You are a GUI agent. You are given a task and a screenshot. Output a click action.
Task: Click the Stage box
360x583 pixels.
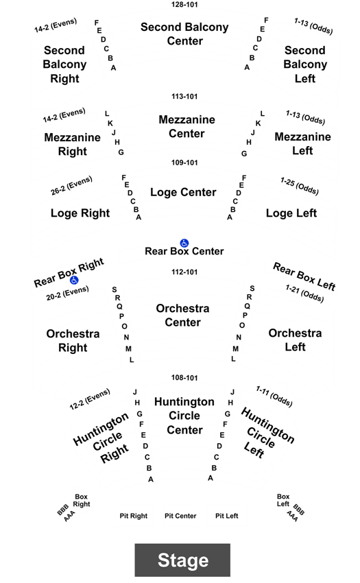(182, 560)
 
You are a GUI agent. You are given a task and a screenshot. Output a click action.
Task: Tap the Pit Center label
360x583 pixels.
(180, 516)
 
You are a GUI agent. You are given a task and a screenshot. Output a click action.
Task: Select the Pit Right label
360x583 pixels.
(134, 516)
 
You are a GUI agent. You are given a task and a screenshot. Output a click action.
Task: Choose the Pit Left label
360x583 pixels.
(226, 516)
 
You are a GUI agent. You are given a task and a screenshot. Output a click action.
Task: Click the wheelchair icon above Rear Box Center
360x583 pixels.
(184, 243)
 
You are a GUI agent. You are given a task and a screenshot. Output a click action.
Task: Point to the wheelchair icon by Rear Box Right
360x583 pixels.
(74, 280)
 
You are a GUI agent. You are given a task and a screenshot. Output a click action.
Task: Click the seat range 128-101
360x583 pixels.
(184, 5)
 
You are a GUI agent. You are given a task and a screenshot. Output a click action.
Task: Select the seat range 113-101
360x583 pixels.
(184, 96)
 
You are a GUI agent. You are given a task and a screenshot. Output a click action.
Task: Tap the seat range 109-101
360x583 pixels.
(184, 163)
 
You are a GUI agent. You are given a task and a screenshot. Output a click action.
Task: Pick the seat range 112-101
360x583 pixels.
(184, 272)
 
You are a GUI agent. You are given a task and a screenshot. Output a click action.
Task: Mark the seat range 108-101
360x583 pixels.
(184, 378)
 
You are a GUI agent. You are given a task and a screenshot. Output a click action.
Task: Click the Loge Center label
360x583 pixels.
(183, 192)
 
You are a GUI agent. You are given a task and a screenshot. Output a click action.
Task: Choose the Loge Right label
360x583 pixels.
(80, 213)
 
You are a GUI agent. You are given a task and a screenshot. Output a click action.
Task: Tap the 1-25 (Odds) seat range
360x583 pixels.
(300, 186)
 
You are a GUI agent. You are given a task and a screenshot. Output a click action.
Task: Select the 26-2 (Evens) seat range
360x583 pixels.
(71, 186)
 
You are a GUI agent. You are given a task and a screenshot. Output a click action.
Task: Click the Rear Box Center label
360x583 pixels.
(184, 251)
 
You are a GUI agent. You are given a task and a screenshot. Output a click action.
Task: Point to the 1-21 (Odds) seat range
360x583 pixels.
(304, 294)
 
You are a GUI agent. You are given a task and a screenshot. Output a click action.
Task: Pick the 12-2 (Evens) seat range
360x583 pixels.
(90, 399)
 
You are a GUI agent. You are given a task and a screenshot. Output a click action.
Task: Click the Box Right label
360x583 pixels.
(82, 501)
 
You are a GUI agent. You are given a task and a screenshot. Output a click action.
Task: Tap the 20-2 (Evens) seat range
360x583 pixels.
(67, 293)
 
